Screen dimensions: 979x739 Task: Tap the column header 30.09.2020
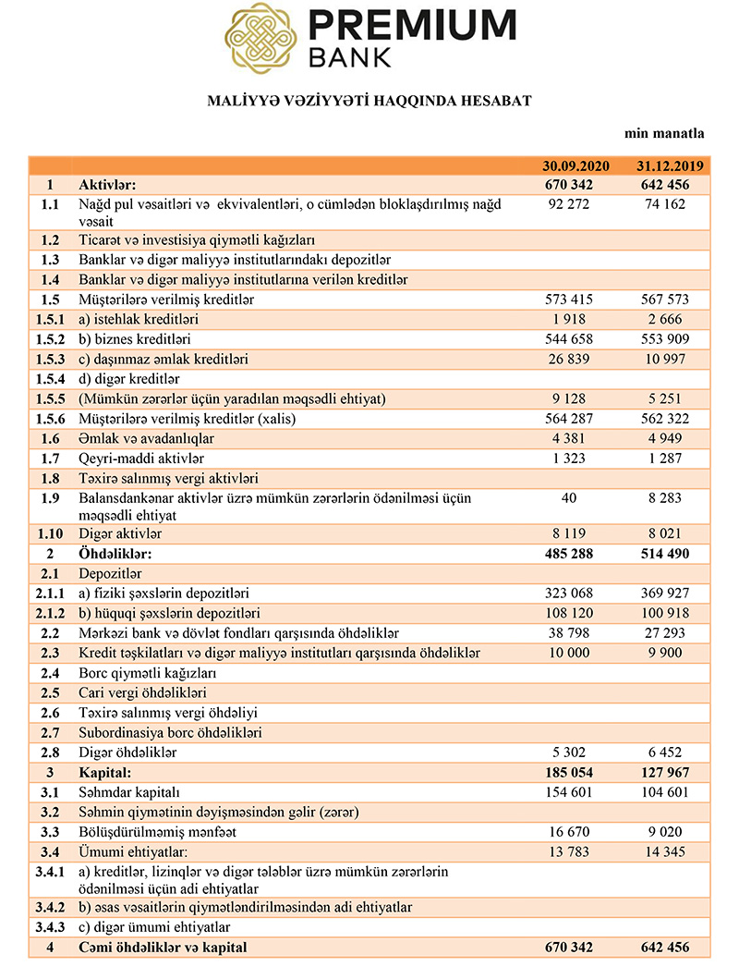point(576,166)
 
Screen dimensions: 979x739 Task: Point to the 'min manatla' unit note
point(664,134)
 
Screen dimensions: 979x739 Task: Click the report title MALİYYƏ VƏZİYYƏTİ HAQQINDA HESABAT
point(369,101)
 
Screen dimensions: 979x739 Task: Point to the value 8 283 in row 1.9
point(671,498)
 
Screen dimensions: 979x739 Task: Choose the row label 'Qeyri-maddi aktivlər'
point(141,459)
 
